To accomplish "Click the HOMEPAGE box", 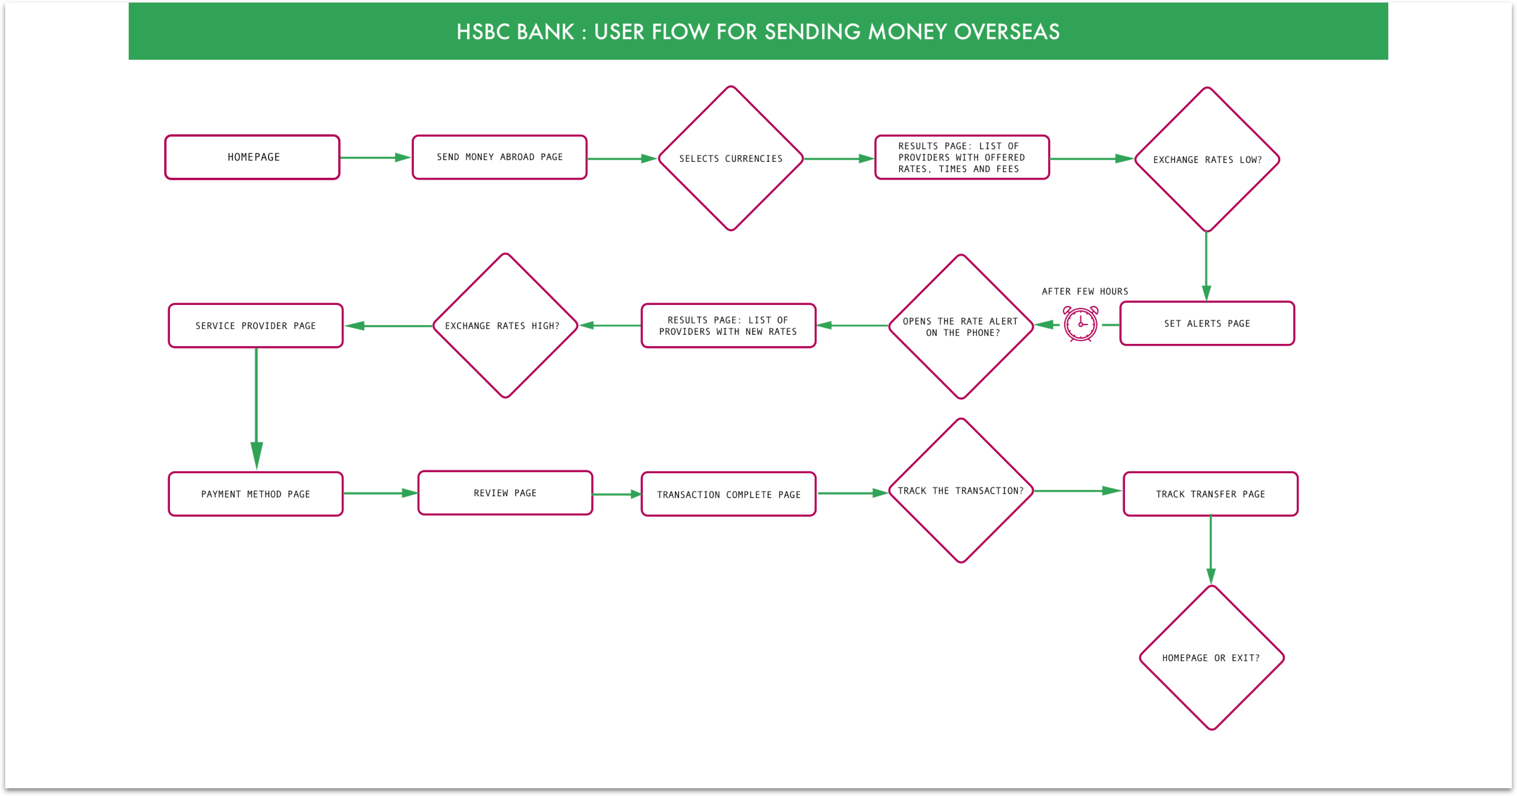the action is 253,157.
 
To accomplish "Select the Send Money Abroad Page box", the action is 499,157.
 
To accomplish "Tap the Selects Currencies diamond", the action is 731,158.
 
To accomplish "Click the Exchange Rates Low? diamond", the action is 1207,160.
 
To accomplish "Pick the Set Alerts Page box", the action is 1207,323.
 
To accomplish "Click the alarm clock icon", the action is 1080,323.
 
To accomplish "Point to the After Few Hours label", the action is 1085,292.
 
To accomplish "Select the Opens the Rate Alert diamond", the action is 961,327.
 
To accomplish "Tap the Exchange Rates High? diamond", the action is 505,326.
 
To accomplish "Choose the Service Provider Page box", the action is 255,326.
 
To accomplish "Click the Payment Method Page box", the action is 255,494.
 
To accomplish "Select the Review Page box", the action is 505,493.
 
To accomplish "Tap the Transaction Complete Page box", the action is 728,494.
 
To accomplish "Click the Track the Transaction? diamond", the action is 961,491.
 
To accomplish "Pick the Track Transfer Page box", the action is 1211,494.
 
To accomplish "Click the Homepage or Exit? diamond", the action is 1212,658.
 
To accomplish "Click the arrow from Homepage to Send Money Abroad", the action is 376,157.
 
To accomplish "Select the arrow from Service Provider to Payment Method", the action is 256,409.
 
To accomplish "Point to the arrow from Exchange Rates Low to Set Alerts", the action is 1206,267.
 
